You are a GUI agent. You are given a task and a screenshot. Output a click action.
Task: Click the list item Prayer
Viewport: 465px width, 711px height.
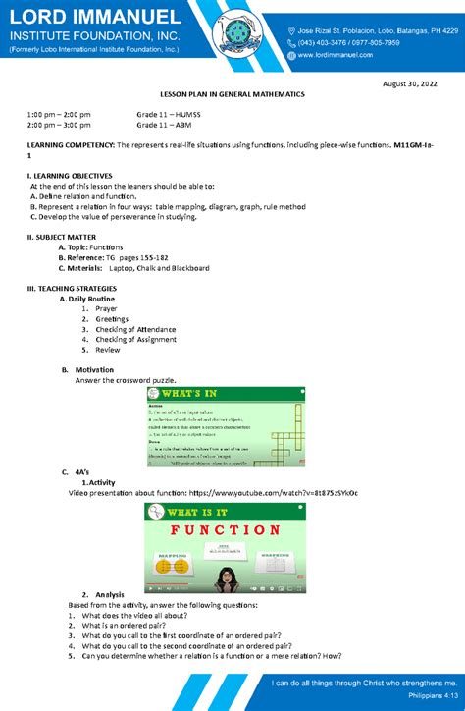[106, 308]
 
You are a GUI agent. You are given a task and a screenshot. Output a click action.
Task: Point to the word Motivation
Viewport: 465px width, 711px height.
[95, 370]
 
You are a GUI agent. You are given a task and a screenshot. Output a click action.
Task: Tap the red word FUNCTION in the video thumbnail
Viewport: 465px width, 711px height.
[227, 530]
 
